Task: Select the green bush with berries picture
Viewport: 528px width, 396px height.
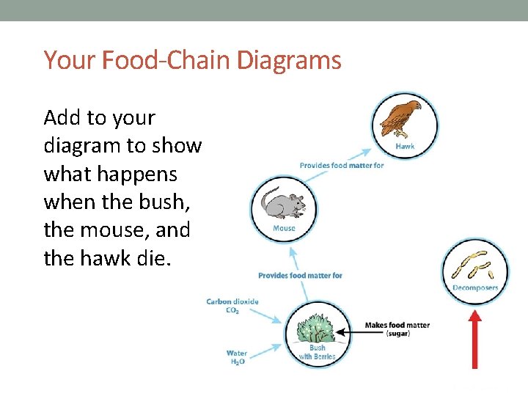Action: pyautogui.click(x=318, y=327)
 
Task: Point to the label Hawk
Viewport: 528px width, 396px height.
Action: pyautogui.click(x=405, y=146)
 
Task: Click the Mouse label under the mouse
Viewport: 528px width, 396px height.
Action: pyautogui.click(x=284, y=228)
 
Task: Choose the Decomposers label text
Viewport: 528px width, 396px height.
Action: pyautogui.click(x=475, y=287)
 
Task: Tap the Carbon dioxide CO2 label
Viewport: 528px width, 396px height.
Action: pyautogui.click(x=232, y=305)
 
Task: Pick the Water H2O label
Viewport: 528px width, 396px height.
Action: pyautogui.click(x=236, y=357)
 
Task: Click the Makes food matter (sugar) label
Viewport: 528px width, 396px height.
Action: pyautogui.click(x=397, y=329)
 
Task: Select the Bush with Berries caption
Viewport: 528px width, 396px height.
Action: pyautogui.click(x=318, y=353)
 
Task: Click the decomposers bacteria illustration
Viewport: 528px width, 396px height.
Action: pyautogui.click(x=475, y=265)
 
